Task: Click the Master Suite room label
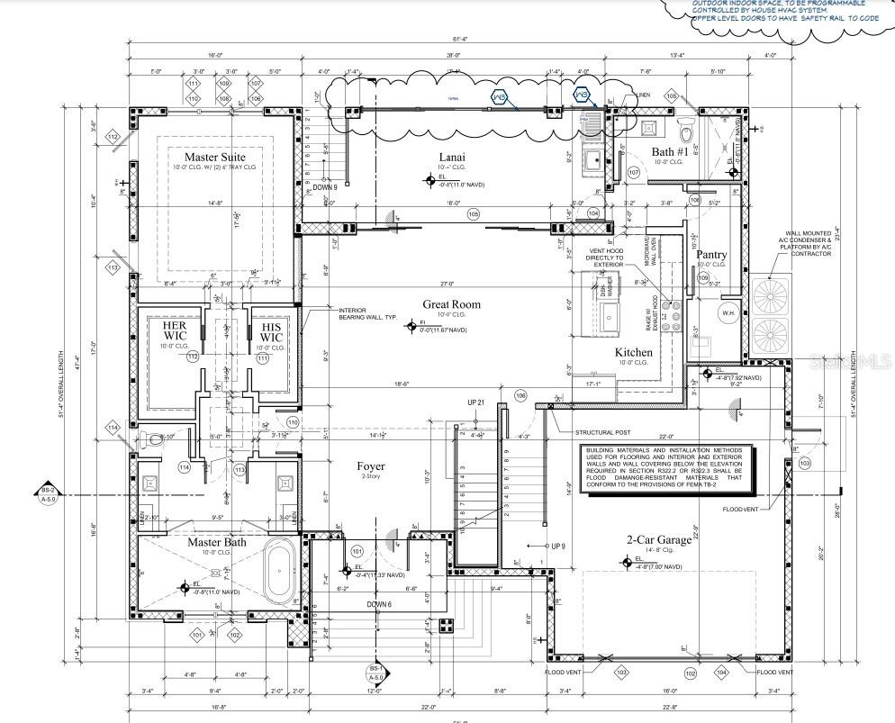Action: (x=214, y=158)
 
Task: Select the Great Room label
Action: (x=451, y=304)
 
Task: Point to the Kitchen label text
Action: (x=633, y=352)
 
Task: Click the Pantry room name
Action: (x=711, y=255)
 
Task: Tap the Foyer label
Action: (x=370, y=466)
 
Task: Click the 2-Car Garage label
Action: (x=660, y=540)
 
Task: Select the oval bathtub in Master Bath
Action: (x=279, y=570)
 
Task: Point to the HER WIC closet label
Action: (x=175, y=331)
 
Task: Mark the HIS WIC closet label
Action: (x=271, y=331)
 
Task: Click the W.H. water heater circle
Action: (x=728, y=312)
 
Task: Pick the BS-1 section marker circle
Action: (x=375, y=673)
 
